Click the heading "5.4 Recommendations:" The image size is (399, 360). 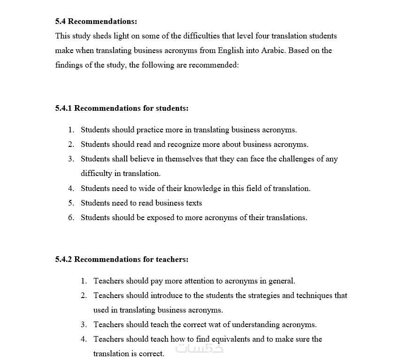tap(96, 21)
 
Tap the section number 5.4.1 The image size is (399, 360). tap(63, 108)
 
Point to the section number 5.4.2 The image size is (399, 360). tap(63, 259)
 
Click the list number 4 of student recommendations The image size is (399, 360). tap(70, 188)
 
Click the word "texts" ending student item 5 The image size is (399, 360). tap(193, 203)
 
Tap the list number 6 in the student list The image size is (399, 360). tap(70, 217)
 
